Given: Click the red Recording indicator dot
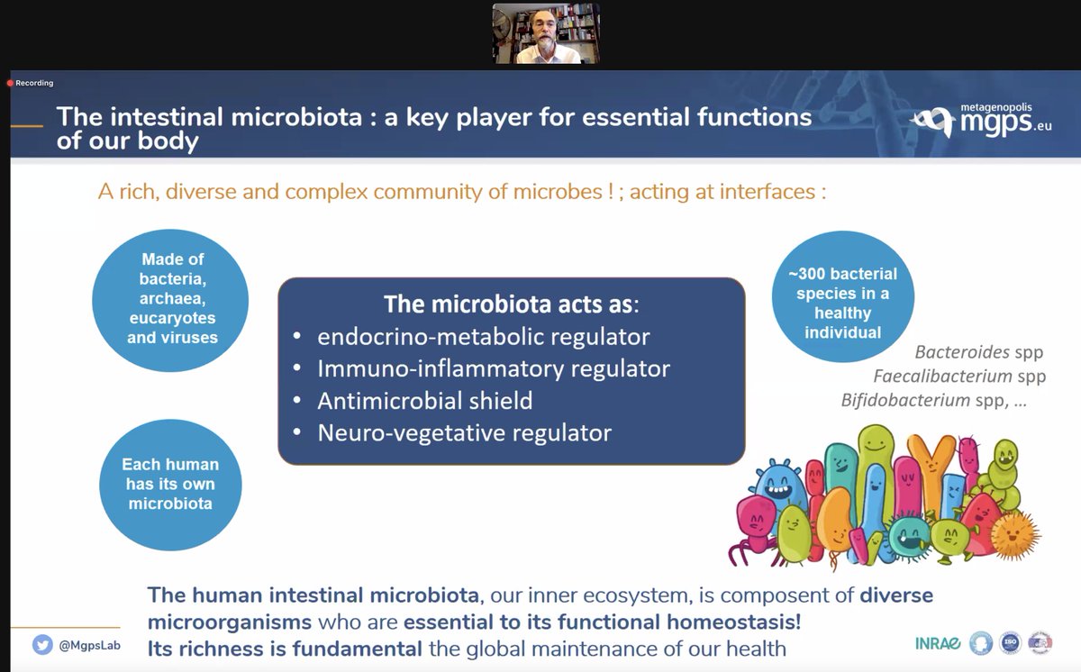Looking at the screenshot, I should (10, 83).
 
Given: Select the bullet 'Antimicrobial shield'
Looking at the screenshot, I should (424, 400).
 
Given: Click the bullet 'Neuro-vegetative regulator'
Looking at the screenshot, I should (464, 432).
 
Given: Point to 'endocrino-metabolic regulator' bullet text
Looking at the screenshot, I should (483, 336).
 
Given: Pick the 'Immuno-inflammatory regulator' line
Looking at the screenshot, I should (493, 368).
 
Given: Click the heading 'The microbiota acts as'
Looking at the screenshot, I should (510, 304).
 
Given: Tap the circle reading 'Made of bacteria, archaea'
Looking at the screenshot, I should (171, 298).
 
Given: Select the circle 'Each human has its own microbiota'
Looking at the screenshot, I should (170, 484).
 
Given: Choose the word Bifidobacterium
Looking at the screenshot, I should (904, 400).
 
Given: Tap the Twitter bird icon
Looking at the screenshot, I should (42, 645).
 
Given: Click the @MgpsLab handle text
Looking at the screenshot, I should (90, 646).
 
